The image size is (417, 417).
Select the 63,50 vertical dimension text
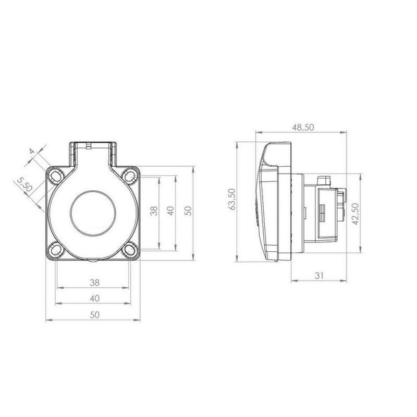click(232, 200)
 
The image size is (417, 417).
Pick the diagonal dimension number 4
click(32, 151)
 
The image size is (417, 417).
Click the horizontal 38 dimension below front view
click(94, 283)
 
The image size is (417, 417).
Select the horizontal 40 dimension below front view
click(94, 298)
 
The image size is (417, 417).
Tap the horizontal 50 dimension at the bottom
click(94, 315)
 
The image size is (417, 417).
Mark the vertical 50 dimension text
click(188, 211)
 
